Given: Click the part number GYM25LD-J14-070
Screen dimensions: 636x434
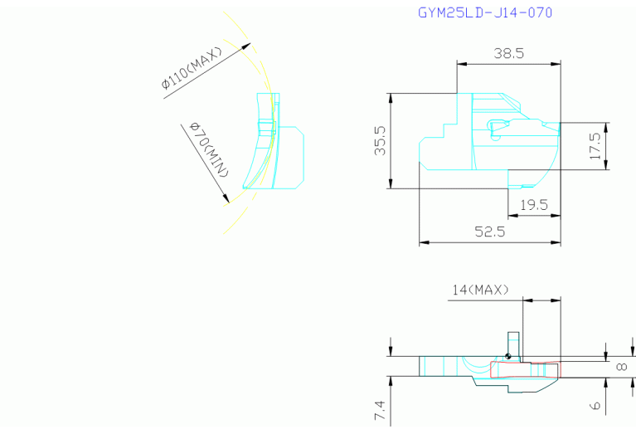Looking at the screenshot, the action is [485, 12].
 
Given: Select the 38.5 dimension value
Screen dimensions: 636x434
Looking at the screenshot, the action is [508, 53].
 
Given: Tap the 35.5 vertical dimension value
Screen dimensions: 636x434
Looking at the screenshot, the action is [381, 140].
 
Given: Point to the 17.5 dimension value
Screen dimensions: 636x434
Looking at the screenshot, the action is [595, 146].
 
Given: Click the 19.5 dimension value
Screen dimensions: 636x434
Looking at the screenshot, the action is [534, 205].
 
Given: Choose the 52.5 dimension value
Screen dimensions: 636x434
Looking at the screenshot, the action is [490, 232].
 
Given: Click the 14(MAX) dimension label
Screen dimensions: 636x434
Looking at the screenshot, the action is [480, 290].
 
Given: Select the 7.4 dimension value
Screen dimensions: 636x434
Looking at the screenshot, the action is [380, 410].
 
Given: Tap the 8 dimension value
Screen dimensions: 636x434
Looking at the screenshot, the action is [621, 367].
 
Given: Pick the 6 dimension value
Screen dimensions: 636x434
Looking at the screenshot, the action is [595, 405].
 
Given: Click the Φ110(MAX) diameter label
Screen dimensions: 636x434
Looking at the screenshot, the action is [192, 68].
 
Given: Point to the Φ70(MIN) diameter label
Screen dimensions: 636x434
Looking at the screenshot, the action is [209, 149].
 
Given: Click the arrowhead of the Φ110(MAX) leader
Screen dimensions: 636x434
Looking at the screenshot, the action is [246, 46].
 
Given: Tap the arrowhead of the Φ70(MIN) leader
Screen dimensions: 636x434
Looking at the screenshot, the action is [226, 198].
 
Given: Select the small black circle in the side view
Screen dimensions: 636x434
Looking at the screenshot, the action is [507, 357].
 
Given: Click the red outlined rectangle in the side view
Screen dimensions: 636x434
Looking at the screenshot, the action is [525, 369].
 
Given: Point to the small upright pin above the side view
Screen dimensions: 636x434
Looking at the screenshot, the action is [513, 344].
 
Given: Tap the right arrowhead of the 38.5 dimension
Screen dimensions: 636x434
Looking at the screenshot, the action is [556, 64].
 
